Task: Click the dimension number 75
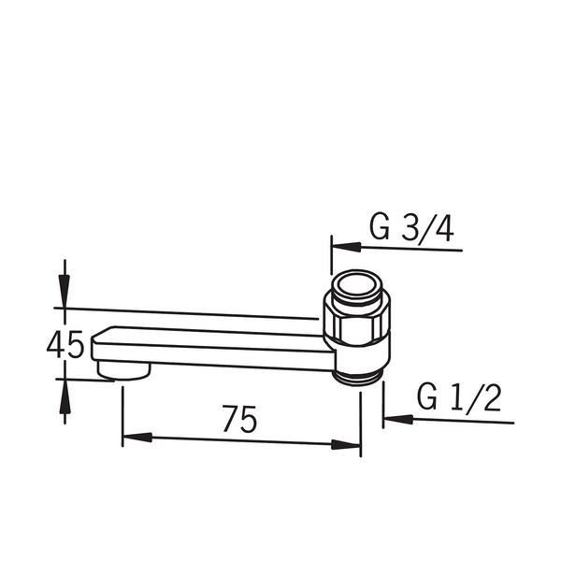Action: [239, 419]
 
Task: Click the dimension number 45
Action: [65, 344]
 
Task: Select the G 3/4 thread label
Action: [411, 228]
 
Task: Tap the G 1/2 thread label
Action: [459, 397]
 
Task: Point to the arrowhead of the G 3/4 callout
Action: [346, 247]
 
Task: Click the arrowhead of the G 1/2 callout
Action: [398, 419]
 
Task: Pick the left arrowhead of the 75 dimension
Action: [137, 437]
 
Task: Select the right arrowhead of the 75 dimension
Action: [346, 445]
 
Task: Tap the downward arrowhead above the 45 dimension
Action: [65, 291]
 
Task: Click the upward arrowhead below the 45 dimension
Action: [65, 396]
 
